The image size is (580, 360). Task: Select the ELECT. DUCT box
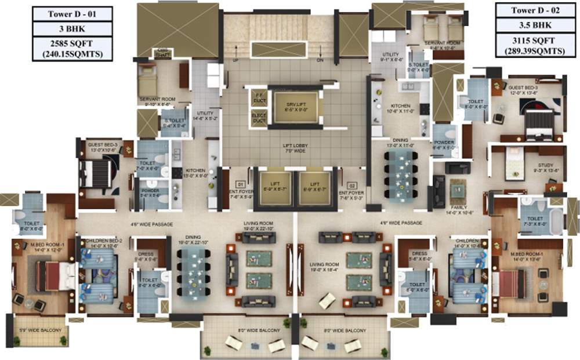[x=259, y=118]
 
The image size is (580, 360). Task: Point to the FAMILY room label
[x=458, y=210]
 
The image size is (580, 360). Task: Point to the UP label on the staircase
[x=236, y=60]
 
